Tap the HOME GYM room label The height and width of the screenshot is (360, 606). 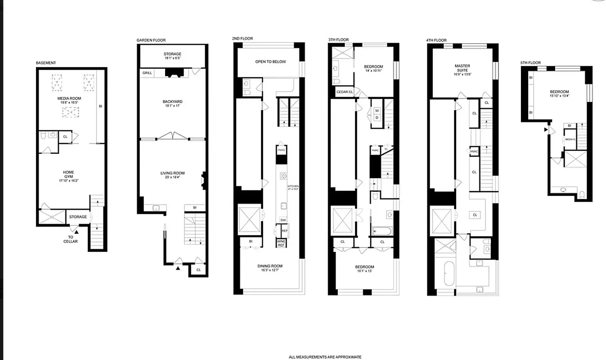(69, 175)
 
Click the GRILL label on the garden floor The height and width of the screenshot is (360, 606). (147, 73)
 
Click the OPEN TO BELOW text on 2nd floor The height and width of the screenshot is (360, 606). (270, 62)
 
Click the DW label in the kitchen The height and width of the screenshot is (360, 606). (283, 220)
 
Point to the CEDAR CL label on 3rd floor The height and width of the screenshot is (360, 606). (345, 92)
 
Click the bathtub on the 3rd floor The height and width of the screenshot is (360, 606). (382, 231)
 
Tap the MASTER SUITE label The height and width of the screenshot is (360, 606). (462, 68)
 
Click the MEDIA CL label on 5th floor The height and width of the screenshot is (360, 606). (570, 139)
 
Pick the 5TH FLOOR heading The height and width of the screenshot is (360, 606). (530, 63)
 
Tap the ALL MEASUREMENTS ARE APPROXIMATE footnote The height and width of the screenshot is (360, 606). (325, 357)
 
